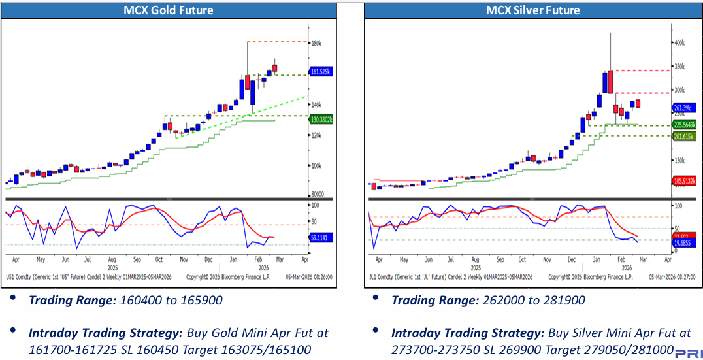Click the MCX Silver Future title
532,10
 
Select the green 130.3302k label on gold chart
321,119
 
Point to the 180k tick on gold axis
316,44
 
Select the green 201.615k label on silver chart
685,136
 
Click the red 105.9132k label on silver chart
685,181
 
